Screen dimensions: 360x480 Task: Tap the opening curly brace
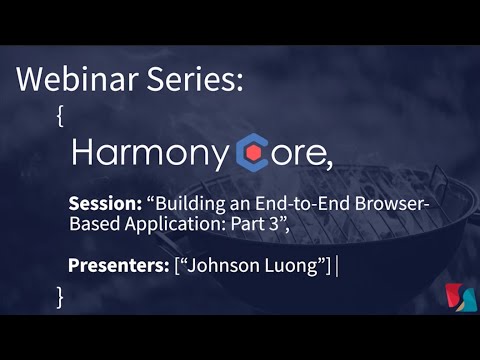[x=62, y=115]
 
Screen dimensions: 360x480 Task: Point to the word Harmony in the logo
[x=150, y=155]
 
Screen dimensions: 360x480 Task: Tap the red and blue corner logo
[x=456, y=296]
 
